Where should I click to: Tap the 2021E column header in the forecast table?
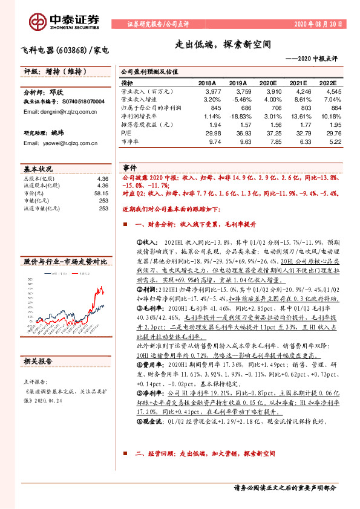pyautogui.click(x=301, y=83)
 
